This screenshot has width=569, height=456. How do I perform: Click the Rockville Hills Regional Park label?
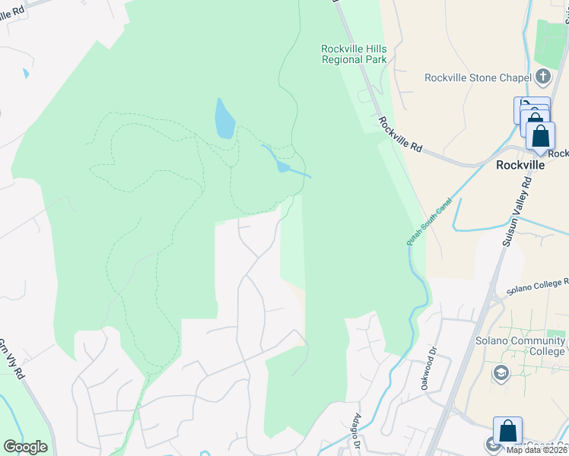(x=354, y=54)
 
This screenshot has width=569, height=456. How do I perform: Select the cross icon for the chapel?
(x=542, y=76)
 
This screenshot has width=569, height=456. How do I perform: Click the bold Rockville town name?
(x=520, y=164)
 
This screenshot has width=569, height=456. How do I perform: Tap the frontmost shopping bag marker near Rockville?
(x=541, y=137)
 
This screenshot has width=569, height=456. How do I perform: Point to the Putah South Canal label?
(x=430, y=221)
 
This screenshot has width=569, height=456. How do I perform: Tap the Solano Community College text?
(x=521, y=346)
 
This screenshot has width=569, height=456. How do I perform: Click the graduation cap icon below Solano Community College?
(x=501, y=372)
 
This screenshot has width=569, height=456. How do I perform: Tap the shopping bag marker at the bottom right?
(x=507, y=431)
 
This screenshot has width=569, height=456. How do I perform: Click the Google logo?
(x=25, y=447)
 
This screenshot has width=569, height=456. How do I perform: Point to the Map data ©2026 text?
(x=537, y=450)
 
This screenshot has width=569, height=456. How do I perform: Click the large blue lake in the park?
(x=224, y=119)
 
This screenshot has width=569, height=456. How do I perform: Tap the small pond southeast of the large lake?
(x=283, y=166)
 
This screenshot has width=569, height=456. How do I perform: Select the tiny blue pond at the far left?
(x=26, y=74)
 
